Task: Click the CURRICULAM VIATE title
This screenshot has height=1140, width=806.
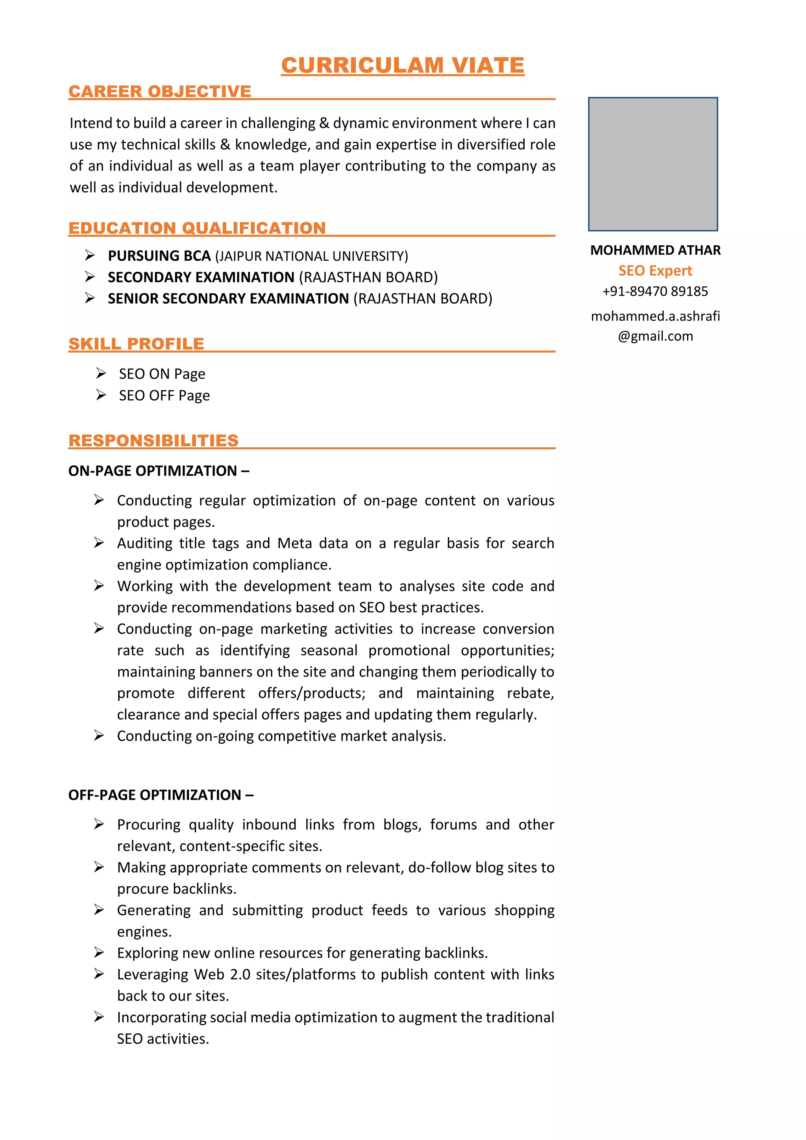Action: [x=403, y=65]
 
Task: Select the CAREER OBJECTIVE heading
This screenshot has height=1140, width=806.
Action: [x=160, y=91]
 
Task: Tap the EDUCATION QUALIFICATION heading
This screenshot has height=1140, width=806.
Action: [x=197, y=228]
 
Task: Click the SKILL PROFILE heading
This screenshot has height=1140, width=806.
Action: [x=137, y=344]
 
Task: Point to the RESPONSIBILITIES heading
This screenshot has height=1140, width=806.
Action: [x=153, y=440]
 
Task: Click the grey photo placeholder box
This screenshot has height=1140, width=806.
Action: [x=653, y=164]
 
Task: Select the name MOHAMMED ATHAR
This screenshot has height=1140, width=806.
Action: [x=655, y=250]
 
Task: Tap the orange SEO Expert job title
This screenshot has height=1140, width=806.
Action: [x=655, y=271]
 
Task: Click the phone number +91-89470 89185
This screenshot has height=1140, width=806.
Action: [x=655, y=291]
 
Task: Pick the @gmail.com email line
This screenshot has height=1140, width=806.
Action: [x=655, y=336]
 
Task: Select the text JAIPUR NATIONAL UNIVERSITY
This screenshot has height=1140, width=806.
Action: [x=312, y=256]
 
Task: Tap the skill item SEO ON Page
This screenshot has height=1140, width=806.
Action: [x=162, y=374]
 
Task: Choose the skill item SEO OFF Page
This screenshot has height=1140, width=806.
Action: [x=164, y=396]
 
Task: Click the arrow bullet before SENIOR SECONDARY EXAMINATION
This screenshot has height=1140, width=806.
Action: [x=90, y=298]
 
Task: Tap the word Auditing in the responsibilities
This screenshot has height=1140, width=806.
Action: [x=144, y=543]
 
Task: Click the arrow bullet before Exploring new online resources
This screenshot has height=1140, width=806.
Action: [x=99, y=952]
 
